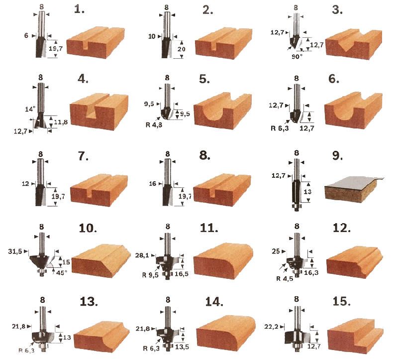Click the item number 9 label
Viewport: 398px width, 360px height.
(337, 155)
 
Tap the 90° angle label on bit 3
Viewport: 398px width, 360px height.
(297, 57)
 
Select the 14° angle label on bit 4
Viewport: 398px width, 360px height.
(30, 109)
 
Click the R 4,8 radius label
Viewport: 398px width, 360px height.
(154, 125)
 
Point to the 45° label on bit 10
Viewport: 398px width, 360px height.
(61, 272)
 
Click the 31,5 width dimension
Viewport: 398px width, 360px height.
(15, 251)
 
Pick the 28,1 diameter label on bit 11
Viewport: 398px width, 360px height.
(142, 255)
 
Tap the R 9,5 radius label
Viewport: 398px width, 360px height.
(150, 275)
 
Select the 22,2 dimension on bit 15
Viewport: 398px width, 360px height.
(271, 326)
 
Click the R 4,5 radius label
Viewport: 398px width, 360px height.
(285, 278)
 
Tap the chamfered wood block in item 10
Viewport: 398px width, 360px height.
(101, 261)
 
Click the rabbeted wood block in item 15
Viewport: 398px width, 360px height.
(355, 336)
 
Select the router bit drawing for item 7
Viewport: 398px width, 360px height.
(41, 182)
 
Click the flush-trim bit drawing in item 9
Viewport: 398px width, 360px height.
(297, 185)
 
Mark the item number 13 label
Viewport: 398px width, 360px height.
(89, 302)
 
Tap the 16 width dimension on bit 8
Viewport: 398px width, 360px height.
(152, 183)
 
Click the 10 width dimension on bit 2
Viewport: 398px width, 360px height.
(152, 36)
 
